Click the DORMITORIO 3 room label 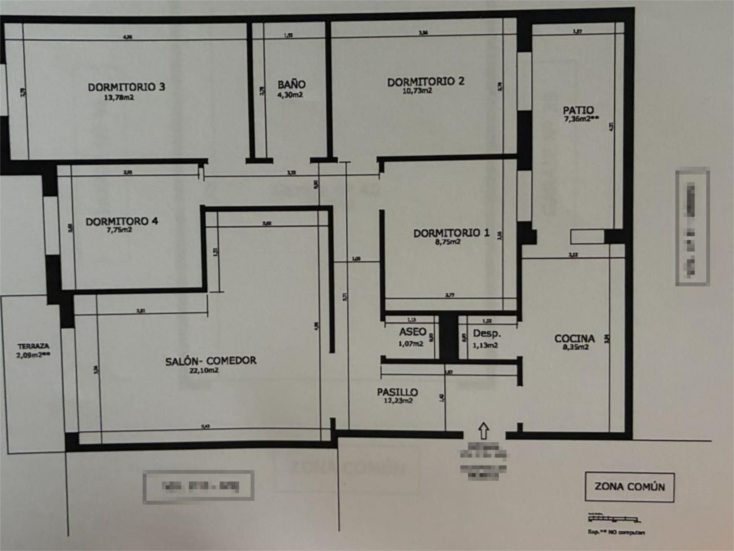[127, 87]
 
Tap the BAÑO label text [291, 84]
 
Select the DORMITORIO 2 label [425, 82]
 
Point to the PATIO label [578, 110]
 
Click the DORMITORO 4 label [122, 221]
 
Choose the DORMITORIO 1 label [451, 233]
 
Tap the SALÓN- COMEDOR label [211, 361]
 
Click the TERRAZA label [33, 346]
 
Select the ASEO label [412, 332]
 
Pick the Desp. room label [487, 333]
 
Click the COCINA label [575, 339]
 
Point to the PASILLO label [397, 392]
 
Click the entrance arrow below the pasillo [484, 430]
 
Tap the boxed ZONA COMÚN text [629, 487]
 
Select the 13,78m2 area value [119, 98]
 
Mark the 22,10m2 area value [204, 370]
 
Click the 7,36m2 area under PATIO [581, 119]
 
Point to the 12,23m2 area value [398, 401]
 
